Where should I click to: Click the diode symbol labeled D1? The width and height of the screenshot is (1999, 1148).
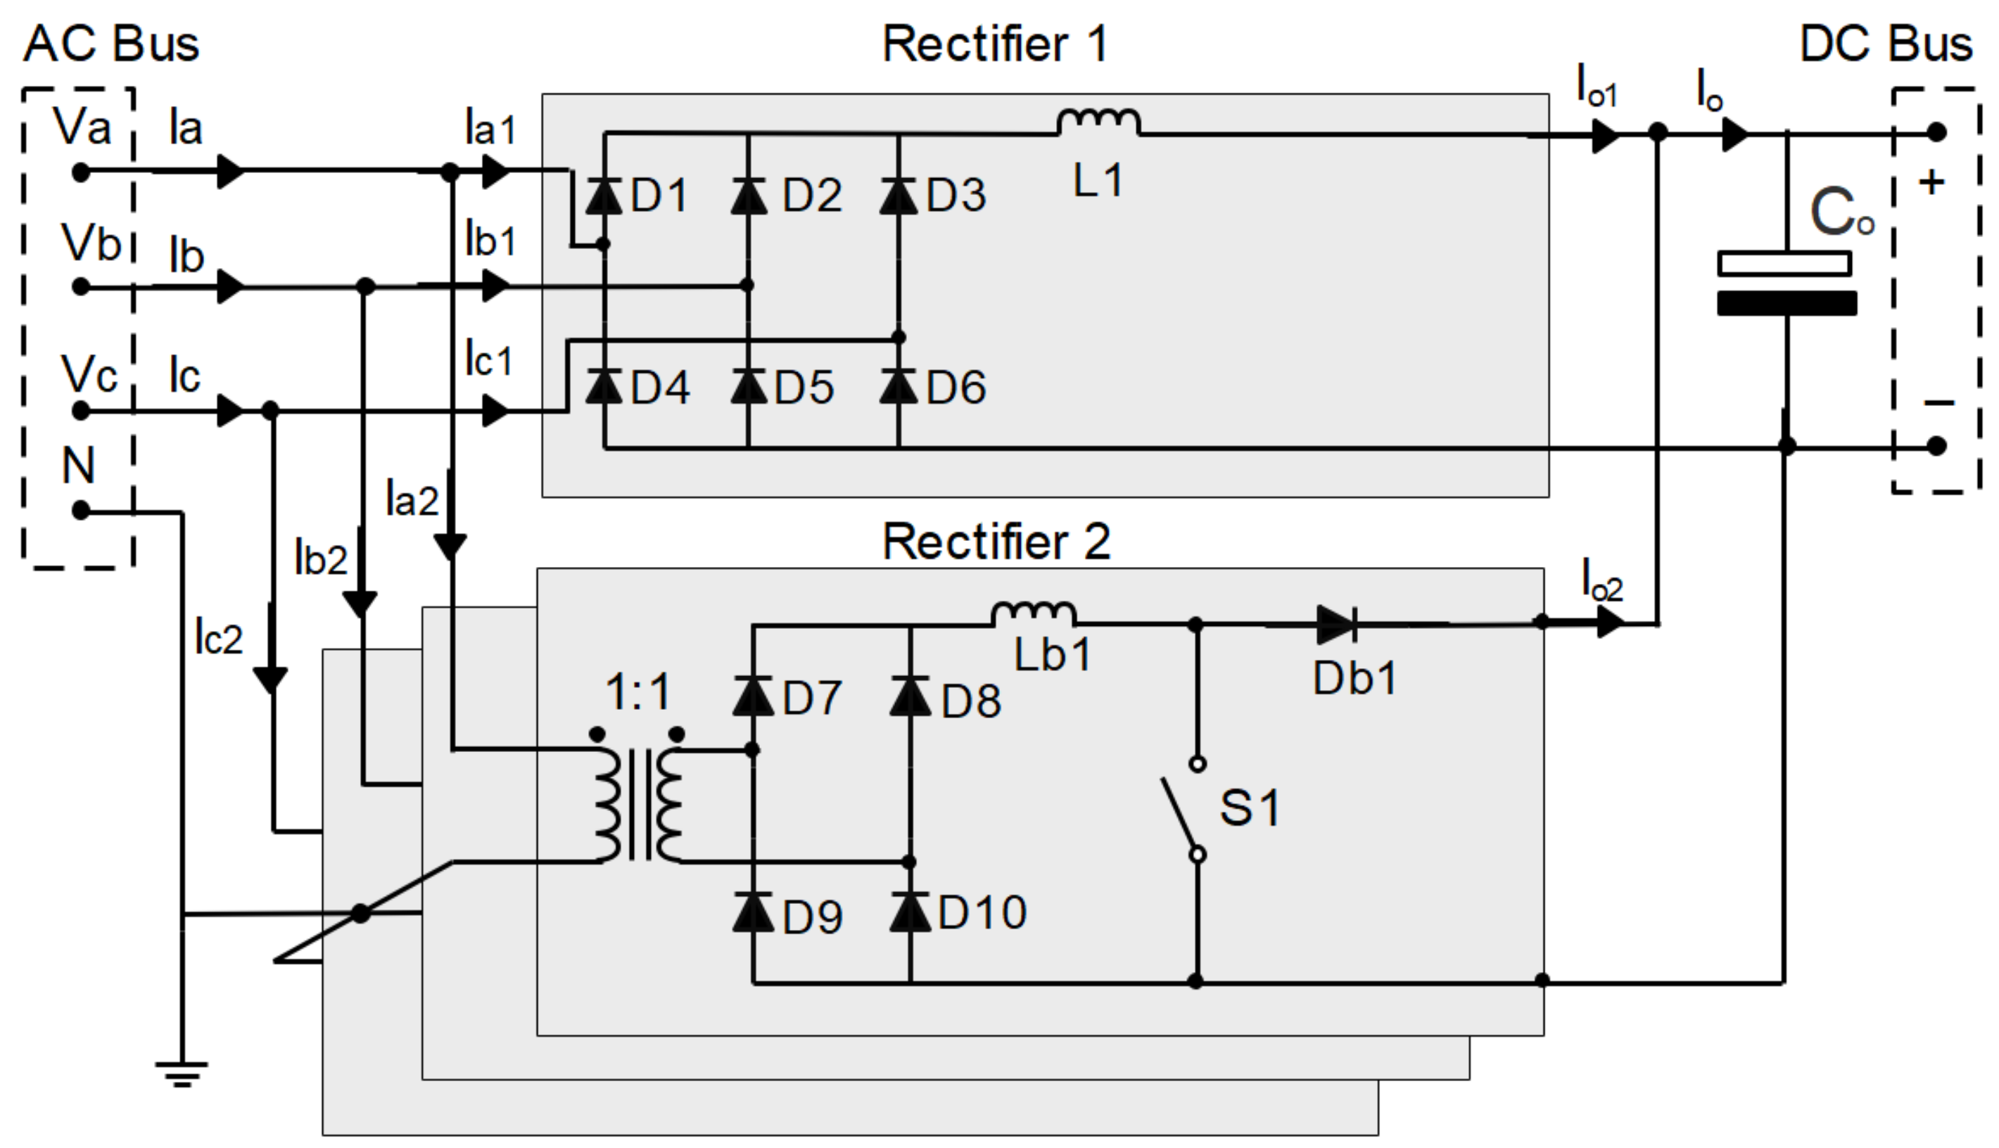click(603, 196)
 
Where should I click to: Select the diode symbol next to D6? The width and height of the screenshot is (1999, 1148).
click(898, 386)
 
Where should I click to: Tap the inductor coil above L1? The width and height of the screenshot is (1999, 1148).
click(1098, 122)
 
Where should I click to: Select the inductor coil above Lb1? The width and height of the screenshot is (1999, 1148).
click(1033, 613)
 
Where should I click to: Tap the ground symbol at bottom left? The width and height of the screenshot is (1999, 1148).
click(182, 1074)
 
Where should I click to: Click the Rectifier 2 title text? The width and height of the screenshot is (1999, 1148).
click(996, 542)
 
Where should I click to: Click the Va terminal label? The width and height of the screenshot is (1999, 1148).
click(82, 126)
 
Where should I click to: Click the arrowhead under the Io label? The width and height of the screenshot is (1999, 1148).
click(1733, 134)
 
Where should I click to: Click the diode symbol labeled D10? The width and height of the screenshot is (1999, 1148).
click(910, 912)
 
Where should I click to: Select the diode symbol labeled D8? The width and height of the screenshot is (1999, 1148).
click(910, 696)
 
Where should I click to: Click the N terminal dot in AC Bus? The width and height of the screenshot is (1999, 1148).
click(80, 511)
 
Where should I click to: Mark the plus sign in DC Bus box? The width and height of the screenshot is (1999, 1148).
click(1932, 183)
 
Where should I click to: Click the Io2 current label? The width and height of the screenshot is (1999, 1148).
click(1602, 582)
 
